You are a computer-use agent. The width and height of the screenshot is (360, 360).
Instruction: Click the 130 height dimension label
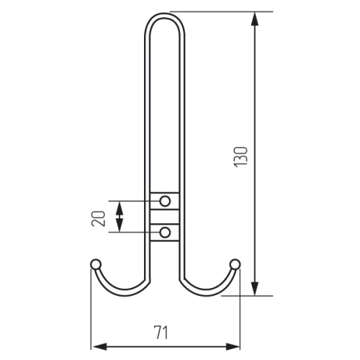(240, 157)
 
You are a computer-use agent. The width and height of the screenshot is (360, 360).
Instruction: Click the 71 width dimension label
(161, 332)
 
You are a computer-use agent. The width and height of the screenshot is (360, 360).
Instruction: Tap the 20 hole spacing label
(99, 218)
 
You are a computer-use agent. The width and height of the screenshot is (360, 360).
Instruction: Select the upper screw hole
(165, 201)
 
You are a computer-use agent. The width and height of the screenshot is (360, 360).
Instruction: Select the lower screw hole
(165, 233)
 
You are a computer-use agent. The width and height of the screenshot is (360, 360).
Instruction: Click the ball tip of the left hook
(96, 264)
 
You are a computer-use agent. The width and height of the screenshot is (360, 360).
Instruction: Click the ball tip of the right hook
(235, 264)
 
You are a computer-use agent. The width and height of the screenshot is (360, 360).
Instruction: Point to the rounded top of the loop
(165, 15)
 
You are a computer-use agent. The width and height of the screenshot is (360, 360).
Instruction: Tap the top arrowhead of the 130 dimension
(255, 19)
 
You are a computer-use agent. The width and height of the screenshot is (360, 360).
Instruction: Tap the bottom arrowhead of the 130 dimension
(255, 289)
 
